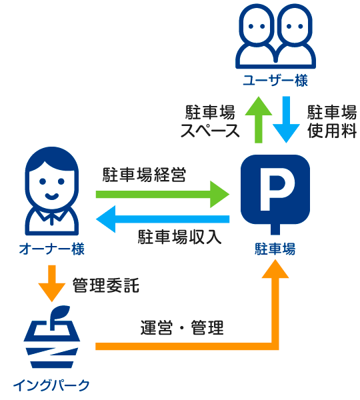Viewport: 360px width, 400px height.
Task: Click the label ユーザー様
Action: click(275, 80)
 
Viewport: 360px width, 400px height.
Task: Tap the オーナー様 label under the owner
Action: click(52, 249)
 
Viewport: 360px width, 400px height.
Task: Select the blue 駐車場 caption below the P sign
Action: click(275, 249)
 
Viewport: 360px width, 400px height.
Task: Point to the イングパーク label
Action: click(51, 385)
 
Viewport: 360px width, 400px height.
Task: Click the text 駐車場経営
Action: click(145, 175)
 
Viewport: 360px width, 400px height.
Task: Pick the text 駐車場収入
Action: click(179, 237)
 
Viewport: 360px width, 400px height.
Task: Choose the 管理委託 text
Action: click(106, 285)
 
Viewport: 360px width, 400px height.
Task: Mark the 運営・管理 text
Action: click(182, 327)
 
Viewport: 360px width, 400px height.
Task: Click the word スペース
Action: click(210, 131)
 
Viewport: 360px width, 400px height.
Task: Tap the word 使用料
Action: click(332, 131)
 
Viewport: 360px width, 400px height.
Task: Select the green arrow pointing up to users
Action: click(259, 119)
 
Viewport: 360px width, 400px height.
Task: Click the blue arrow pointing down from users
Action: click(286, 119)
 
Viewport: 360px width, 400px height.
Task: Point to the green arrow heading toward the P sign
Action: click(163, 195)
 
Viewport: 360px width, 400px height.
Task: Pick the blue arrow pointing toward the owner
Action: click(163, 219)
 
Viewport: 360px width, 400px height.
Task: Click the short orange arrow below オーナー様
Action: click(52, 283)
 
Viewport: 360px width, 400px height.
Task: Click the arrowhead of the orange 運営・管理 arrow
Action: click(275, 269)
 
